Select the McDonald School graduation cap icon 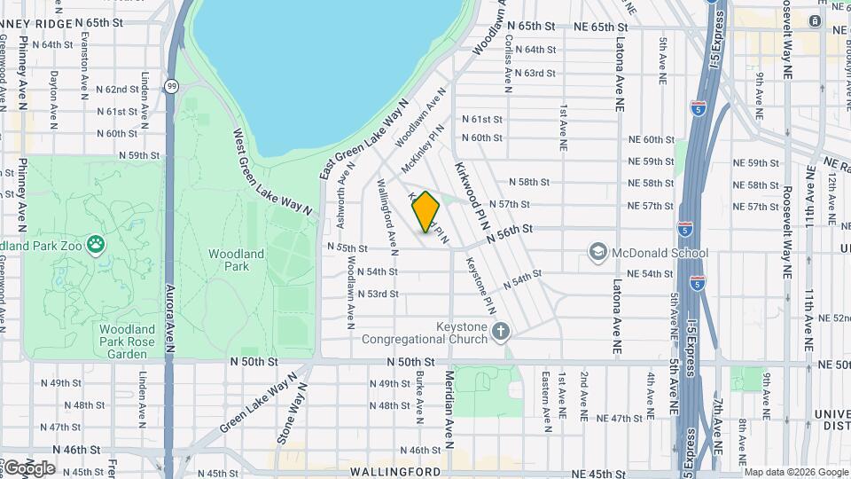point(597,254)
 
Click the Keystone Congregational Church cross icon point(501,332)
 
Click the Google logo point(28,468)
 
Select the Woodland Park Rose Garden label point(115,342)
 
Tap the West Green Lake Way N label point(272,171)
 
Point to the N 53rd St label point(379,294)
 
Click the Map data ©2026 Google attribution point(795,471)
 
